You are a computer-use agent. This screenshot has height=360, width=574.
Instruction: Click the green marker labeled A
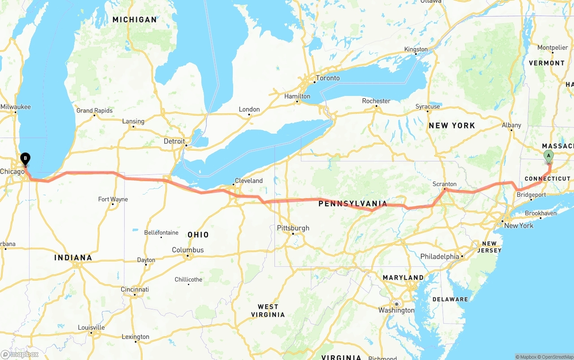[548, 156]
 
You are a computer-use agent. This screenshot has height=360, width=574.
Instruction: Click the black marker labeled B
[26, 158]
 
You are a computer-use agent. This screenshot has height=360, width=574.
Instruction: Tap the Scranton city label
[444, 184]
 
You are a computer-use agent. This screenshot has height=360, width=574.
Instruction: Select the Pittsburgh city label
[293, 228]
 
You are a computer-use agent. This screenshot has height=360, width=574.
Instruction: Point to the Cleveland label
[248, 181]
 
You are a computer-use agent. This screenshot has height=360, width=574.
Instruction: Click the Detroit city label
[174, 141]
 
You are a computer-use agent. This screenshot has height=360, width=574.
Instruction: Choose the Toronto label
[328, 78]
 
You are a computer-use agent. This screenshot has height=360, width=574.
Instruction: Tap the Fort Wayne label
[113, 199]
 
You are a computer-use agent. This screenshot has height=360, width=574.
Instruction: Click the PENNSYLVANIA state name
[352, 204]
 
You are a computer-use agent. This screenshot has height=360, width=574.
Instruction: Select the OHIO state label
[198, 235]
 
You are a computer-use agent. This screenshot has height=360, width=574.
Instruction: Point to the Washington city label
[396, 310]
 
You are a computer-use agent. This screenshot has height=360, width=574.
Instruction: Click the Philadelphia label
[439, 256]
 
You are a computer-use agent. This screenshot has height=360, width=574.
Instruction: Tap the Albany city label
[511, 125]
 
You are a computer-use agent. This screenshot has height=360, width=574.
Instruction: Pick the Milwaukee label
[16, 107]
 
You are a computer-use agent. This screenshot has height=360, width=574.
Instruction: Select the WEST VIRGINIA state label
[268, 311]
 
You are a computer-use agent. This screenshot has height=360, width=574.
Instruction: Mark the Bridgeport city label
[531, 195]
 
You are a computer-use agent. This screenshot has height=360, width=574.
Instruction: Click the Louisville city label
[91, 327]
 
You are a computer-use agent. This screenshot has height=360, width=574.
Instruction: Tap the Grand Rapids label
[94, 110]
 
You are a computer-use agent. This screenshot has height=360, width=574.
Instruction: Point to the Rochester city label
[376, 101]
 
